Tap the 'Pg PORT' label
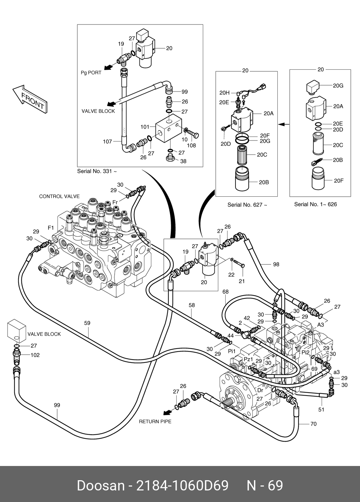coord(91,73)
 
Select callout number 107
coord(107,142)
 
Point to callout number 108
coord(191,145)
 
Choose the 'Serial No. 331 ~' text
coord(97,171)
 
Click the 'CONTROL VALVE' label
coord(59,196)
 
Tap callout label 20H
coord(224,93)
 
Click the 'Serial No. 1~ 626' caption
coord(315,204)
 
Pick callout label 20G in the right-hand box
coord(338,86)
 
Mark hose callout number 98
coord(276,264)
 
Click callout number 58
coord(192,305)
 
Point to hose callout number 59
coord(87,323)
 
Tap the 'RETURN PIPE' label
coord(155,422)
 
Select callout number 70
coord(313,424)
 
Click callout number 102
coord(35,355)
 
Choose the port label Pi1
coord(232,351)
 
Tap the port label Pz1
coord(248,359)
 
